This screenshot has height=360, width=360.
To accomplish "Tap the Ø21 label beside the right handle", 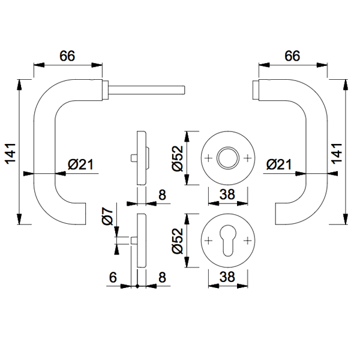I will point(277,164).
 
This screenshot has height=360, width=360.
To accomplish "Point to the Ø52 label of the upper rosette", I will point(178,158).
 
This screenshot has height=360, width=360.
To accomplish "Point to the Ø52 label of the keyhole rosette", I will point(178,241).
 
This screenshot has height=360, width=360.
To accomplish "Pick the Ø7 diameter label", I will point(108,216).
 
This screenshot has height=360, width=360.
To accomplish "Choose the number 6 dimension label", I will point(113,277).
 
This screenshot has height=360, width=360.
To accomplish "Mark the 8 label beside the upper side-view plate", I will point(162,194).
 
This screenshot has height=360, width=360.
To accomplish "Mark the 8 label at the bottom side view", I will point(162,277).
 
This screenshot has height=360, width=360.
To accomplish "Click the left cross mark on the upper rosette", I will point(208,158).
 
